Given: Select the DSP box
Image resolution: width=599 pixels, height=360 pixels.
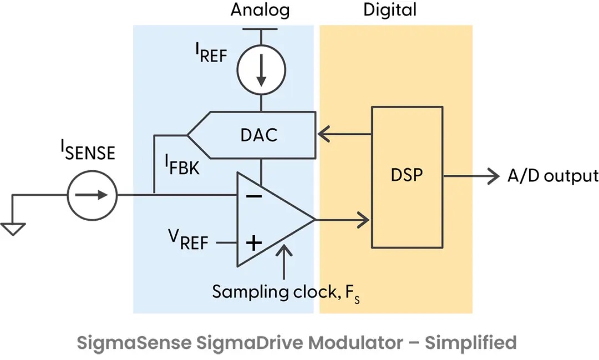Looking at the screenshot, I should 407,176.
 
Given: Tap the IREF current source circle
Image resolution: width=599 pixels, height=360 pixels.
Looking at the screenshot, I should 261,69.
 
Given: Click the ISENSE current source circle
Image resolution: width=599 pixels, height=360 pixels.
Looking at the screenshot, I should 92,195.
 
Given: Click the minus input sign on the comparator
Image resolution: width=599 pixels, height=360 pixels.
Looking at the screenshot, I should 253,196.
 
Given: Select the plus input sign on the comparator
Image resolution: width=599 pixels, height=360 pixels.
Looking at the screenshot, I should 253,242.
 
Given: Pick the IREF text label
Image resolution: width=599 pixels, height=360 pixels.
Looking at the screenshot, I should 211,53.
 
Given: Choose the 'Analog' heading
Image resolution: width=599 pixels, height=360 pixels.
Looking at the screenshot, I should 260,10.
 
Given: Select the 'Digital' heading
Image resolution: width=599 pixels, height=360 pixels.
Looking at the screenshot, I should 389,10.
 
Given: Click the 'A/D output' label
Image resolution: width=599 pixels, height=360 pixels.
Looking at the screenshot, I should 553,176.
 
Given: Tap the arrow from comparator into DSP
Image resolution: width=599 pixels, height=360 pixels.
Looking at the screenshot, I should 344,220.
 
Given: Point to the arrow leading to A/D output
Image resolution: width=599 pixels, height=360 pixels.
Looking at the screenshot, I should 471,176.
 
